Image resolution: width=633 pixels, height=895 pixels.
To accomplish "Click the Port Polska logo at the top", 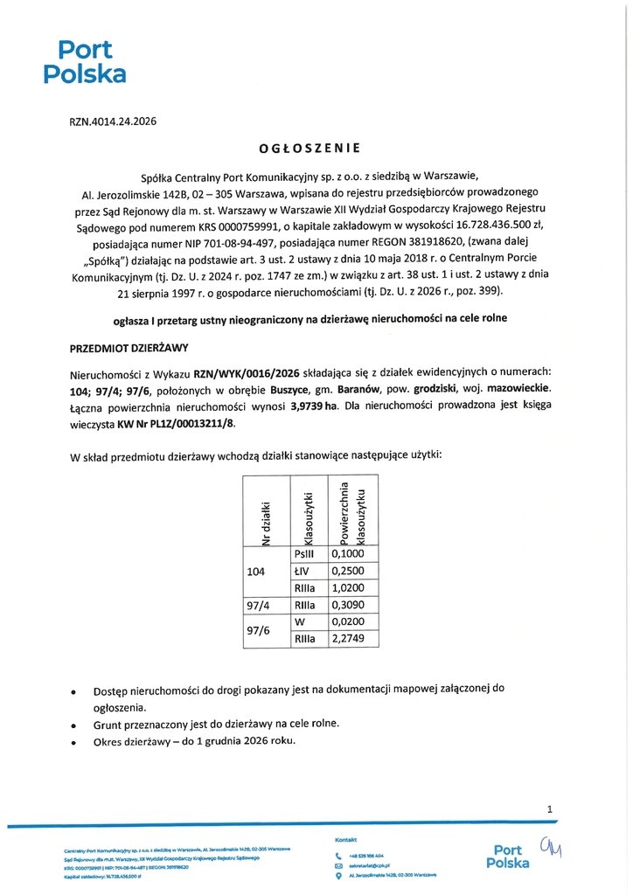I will [85, 61].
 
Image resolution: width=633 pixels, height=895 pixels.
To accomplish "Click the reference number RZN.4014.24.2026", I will [113, 122].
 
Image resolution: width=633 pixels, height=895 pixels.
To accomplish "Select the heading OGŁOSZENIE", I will [310, 148].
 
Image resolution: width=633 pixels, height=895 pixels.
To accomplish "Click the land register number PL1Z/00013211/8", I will [190, 424].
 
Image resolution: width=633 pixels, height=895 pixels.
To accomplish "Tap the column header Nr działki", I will [267, 521].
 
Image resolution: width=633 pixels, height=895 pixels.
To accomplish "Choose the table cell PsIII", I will [306, 554].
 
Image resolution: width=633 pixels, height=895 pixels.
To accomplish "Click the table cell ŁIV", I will [306, 571].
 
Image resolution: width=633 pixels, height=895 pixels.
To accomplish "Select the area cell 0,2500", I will [347, 571].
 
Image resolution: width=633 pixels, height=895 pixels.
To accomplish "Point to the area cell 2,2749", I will [347, 639].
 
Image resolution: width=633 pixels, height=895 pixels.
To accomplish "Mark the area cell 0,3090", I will [347, 605].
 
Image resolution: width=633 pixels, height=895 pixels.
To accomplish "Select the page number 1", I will [549, 809].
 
